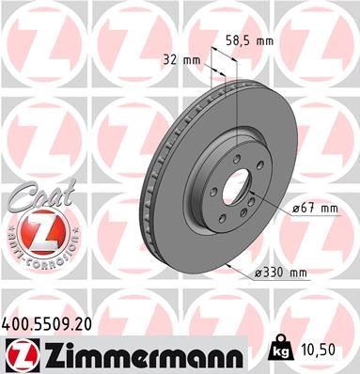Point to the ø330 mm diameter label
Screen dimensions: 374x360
(281, 273)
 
